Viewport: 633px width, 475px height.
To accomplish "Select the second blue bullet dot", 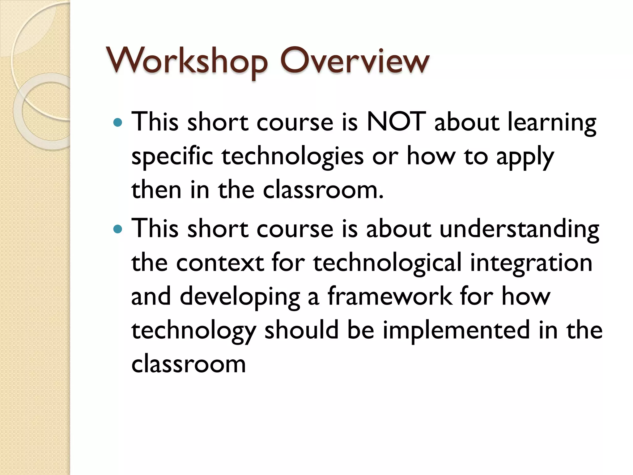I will tap(118, 229).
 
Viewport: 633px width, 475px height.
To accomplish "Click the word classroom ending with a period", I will tap(323, 190).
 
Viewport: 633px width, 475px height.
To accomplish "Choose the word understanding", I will tap(519, 229).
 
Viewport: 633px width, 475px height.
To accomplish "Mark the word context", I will tap(220, 263).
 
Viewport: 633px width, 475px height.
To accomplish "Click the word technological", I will tap(387, 263).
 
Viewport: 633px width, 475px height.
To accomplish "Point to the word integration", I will tap(531, 263).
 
